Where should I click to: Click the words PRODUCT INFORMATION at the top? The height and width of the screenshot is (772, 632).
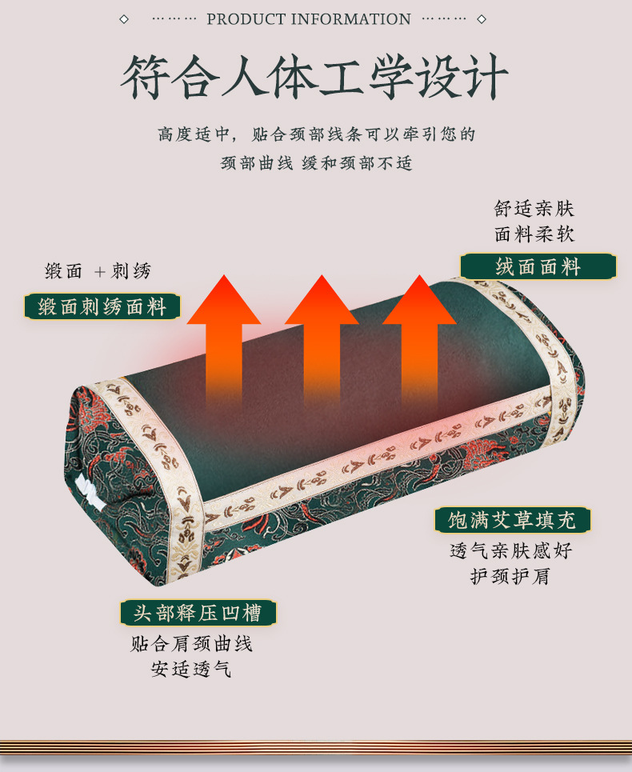click(x=309, y=19)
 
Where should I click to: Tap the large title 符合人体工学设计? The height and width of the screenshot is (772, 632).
click(x=314, y=78)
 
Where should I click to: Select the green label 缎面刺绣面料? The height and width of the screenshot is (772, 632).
click(x=102, y=307)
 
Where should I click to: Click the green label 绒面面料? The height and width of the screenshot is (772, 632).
click(x=538, y=267)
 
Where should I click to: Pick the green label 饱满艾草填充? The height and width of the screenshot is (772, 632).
click(x=512, y=521)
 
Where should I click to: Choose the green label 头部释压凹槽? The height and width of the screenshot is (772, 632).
click(x=198, y=614)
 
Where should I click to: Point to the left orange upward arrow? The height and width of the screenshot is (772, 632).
click(x=224, y=336)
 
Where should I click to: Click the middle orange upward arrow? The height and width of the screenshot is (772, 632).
click(x=322, y=336)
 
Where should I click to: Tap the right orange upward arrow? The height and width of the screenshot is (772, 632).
click(x=419, y=336)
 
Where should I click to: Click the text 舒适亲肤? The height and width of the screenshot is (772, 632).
click(x=534, y=210)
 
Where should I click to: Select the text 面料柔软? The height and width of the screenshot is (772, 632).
click(x=534, y=234)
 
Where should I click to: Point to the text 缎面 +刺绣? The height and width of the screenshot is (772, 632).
click(x=98, y=272)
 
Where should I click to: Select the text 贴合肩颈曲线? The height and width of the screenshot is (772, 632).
click(x=192, y=644)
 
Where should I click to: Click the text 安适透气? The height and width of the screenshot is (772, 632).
click(x=192, y=669)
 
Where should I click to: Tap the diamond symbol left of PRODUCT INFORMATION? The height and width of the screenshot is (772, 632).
click(x=124, y=19)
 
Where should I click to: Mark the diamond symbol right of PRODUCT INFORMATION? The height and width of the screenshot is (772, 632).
click(x=482, y=19)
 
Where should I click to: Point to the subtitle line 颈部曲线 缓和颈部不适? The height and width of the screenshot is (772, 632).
click(x=317, y=163)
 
